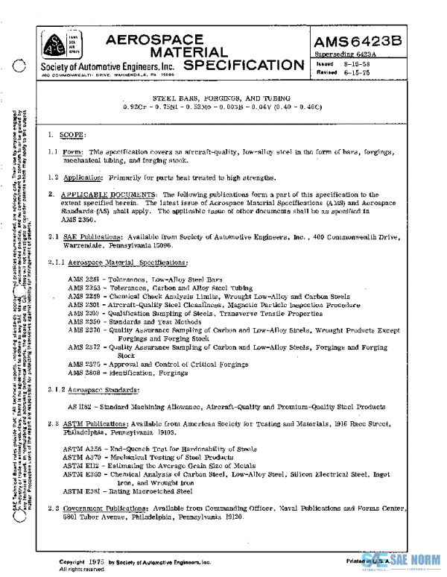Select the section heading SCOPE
click(x=73, y=135)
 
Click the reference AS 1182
click(x=81, y=407)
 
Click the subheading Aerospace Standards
click(x=104, y=390)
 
